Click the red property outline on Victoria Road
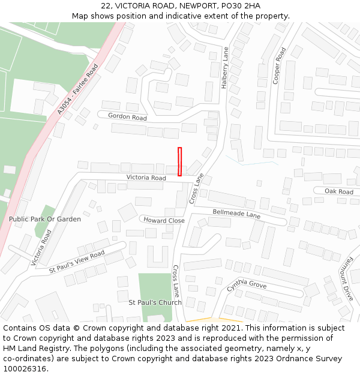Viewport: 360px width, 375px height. tap(179, 161)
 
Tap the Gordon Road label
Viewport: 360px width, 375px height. tap(127, 117)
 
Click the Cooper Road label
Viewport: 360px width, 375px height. tap(279, 67)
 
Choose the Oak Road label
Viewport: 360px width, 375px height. tap(339, 191)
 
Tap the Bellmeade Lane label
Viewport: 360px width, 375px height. tap(236, 214)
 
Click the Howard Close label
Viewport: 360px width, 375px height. tap(164, 220)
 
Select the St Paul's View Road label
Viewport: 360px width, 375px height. tap(77, 262)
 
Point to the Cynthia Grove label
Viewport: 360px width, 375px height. tap(247, 285)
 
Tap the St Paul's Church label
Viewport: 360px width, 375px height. tap(155, 302)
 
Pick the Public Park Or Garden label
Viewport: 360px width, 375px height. tap(44, 219)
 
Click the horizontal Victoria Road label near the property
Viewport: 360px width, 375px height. tap(146, 178)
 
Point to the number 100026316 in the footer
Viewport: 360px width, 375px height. tap(25, 368)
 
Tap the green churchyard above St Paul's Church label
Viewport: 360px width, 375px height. tap(155, 286)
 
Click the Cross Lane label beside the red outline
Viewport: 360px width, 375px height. tap(197, 188)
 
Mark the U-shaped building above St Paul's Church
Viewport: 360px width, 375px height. tap(157, 257)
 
